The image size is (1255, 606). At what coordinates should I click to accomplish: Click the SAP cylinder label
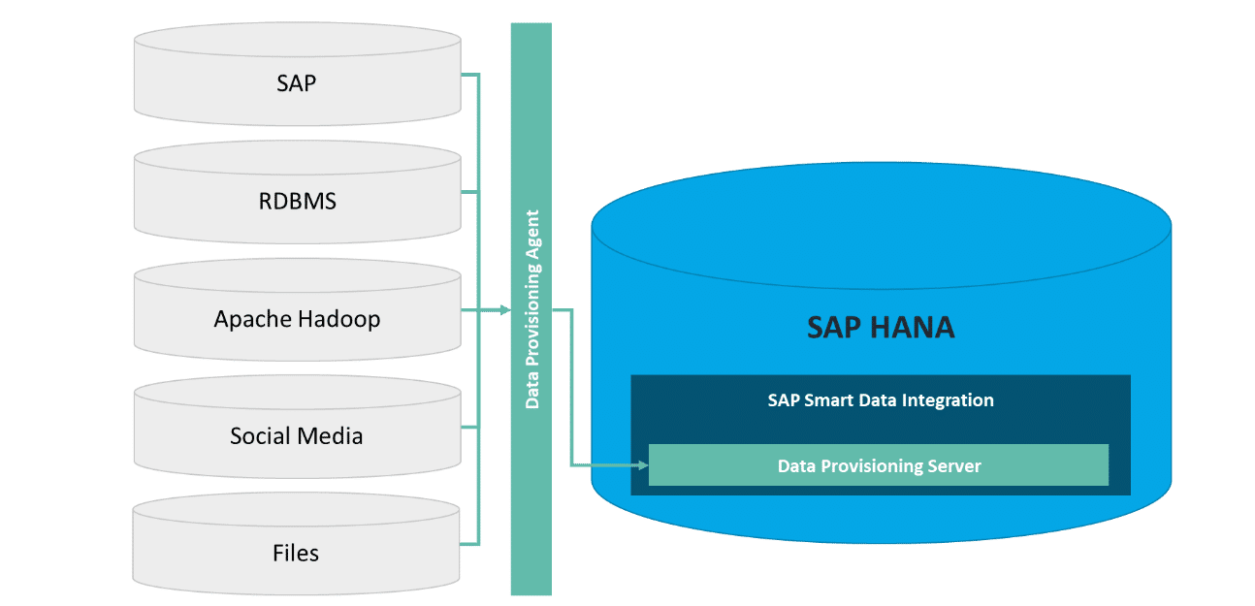(296, 82)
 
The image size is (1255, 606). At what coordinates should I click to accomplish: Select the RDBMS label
(296, 201)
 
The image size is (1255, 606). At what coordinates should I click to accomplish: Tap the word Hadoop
(339, 319)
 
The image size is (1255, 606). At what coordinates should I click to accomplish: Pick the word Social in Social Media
(259, 435)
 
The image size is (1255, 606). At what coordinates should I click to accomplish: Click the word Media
(331, 435)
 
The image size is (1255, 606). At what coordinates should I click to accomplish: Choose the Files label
(296, 553)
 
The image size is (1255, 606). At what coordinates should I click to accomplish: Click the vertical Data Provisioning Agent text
(531, 308)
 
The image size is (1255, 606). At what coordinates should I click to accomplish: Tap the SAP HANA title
(881, 328)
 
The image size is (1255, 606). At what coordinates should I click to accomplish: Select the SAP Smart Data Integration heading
(881, 399)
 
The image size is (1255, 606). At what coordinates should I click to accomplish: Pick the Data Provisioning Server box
(879, 465)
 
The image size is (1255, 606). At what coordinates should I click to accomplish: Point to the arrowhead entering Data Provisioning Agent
(503, 310)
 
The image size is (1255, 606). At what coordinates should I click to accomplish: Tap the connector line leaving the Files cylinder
(469, 544)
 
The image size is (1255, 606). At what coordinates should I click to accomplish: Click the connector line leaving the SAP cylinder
(469, 74)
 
